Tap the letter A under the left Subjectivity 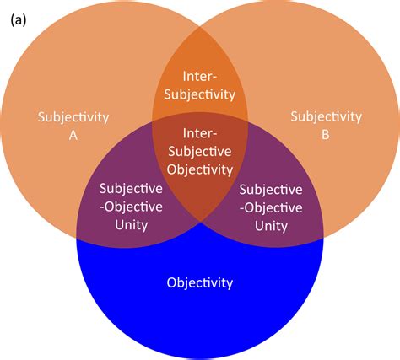point(74,132)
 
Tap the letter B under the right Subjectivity point(325,132)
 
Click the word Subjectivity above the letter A point(74,116)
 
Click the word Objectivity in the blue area point(199,282)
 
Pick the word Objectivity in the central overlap point(199,169)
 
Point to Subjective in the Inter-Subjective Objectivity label point(199,151)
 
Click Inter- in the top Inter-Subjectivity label point(199,78)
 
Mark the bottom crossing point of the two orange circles point(200,222)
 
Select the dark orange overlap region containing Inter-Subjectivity point(199,63)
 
